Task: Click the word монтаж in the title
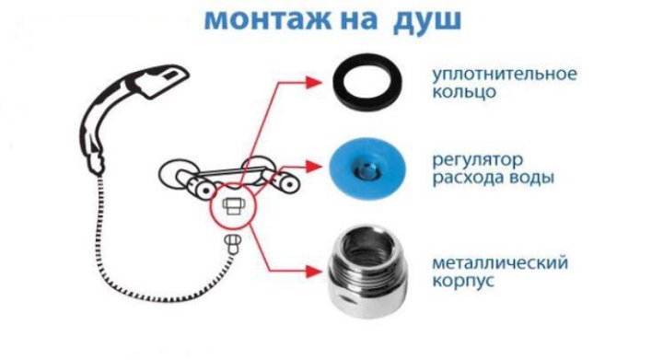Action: click(267, 19)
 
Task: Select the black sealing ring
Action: click(367, 82)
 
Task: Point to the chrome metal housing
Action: click(367, 272)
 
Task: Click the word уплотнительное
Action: click(505, 75)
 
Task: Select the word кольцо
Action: click(464, 92)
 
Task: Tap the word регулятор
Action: click(477, 160)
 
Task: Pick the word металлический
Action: click(500, 263)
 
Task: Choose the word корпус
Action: click(463, 281)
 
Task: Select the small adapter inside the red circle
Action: click(233, 206)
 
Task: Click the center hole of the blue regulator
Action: click(367, 169)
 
